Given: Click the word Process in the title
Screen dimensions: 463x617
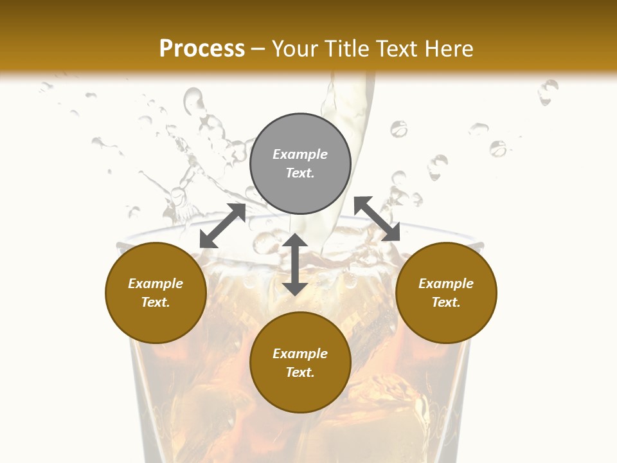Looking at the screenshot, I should click(x=202, y=49).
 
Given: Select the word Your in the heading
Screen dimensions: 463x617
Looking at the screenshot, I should click(x=295, y=49).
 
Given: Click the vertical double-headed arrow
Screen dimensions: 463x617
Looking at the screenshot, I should click(x=295, y=264).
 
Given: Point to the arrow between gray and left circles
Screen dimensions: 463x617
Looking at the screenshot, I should click(x=222, y=226).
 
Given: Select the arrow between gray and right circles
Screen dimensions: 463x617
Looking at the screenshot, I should click(x=377, y=219).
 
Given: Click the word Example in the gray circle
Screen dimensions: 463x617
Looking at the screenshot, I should click(x=300, y=154).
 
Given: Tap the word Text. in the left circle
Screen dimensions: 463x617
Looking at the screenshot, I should click(x=156, y=302).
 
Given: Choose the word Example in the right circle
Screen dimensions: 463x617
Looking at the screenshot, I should click(x=446, y=284).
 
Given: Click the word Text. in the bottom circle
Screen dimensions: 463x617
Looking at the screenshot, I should click(x=300, y=372).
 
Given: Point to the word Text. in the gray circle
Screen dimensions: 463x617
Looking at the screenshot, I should click(x=300, y=173).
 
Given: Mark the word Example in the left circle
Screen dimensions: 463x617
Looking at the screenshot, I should click(x=156, y=284).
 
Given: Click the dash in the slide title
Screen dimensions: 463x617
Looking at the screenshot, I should click(x=258, y=49).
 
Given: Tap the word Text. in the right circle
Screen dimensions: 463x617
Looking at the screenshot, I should click(x=446, y=302).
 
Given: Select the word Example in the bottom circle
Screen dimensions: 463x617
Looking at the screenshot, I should click(x=300, y=354).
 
